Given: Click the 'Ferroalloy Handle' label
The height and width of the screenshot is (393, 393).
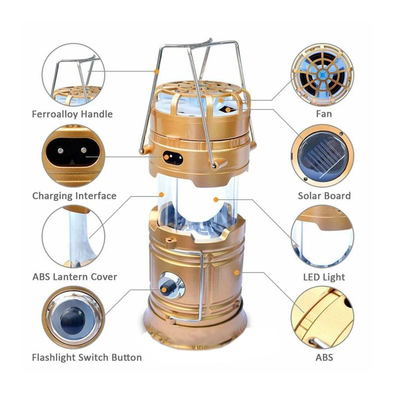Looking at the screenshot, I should (x=72, y=114).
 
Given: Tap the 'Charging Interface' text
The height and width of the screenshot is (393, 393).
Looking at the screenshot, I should (x=74, y=196).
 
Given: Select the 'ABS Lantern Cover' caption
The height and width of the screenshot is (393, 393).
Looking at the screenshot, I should (x=75, y=277).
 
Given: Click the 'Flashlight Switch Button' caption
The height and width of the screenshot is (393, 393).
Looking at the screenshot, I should (x=86, y=357).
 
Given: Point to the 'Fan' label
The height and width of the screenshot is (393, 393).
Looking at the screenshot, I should (x=324, y=114).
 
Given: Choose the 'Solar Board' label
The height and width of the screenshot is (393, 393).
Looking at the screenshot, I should (x=324, y=196).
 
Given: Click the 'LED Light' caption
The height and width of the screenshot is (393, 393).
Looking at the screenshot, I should (x=324, y=277).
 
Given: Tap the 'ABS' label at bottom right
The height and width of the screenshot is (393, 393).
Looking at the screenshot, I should (x=324, y=357).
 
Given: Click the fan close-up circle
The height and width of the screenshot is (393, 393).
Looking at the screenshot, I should (x=322, y=75).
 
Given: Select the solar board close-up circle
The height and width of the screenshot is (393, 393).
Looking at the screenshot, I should (x=322, y=156).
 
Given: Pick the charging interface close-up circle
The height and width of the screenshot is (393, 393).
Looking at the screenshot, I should (x=73, y=156).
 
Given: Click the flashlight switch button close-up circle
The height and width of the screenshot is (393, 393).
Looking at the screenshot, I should (x=73, y=318).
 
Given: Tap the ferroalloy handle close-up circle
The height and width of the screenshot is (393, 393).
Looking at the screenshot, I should (x=73, y=75).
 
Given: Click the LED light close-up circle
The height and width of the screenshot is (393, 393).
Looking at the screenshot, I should (x=322, y=237).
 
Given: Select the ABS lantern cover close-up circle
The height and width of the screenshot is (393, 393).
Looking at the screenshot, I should (x=73, y=237).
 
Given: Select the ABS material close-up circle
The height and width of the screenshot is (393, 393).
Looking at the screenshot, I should (x=322, y=318).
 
